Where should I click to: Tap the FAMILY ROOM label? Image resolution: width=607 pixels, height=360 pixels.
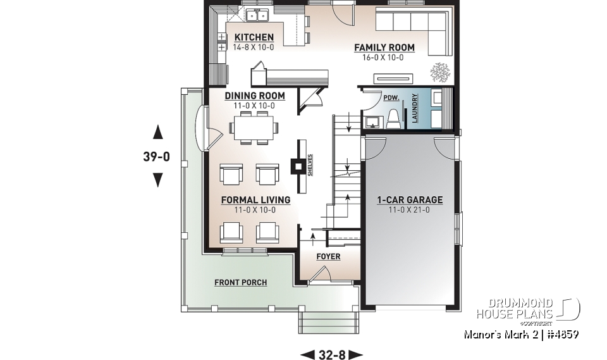coord(384,47)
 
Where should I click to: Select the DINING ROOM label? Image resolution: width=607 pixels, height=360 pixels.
coord(255,96)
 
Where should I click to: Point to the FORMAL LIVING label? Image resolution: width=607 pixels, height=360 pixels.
coord(255,200)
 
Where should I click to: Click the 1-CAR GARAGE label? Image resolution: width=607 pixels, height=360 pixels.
coord(410,200)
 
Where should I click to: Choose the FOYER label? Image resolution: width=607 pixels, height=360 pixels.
coord(328,256)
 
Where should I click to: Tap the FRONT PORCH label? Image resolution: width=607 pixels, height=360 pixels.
coord(240,282)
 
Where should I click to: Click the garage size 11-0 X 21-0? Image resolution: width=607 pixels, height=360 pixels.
coord(410,210)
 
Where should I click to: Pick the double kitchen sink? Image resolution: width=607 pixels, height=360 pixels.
coord(257,15)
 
